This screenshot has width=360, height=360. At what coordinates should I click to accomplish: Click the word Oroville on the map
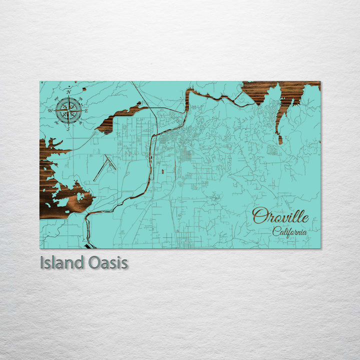tap(280, 216)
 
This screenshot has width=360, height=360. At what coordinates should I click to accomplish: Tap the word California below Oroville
tap(290, 231)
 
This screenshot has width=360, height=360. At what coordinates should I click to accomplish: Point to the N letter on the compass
tap(68, 92)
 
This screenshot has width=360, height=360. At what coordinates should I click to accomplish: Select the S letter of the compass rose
tap(68, 128)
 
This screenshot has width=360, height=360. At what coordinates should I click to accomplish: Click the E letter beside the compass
tap(86, 110)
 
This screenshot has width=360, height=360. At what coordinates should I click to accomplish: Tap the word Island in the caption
tap(61, 263)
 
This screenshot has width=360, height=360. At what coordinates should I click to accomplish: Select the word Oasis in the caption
tap(108, 263)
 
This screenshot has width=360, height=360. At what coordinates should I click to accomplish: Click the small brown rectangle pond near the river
tap(164, 171)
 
